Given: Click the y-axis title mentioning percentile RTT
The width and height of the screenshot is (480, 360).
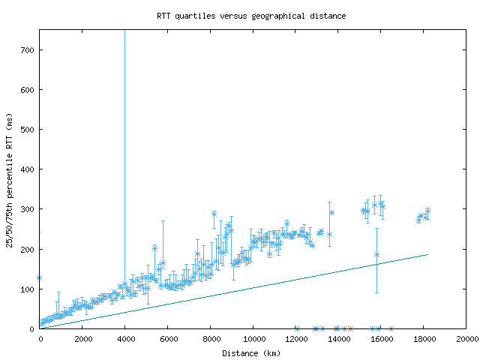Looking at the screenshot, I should (x=10, y=179).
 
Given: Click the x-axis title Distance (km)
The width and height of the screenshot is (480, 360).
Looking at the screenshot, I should (x=253, y=352).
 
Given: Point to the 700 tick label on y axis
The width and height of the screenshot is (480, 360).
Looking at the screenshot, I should (x=28, y=50).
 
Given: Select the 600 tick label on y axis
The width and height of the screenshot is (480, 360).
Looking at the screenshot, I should (x=28, y=90).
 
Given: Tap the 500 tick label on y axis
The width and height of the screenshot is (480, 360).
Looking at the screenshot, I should (x=28, y=130).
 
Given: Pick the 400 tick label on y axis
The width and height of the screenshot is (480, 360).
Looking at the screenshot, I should (x=28, y=169).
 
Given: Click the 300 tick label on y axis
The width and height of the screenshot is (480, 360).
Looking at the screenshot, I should (x=28, y=209).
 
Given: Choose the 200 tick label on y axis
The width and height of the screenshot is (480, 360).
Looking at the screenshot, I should (x=28, y=249).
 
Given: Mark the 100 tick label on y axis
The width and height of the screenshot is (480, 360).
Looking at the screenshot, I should (x=28, y=289).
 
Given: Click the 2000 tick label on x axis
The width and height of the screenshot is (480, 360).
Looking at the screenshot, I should (x=82, y=339).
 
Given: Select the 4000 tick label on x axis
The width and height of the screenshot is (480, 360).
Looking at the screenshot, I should (x=125, y=339).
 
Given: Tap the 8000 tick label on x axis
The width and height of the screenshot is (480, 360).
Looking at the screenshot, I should (x=211, y=339).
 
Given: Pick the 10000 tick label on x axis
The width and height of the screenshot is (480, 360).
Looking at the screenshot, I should (x=253, y=339).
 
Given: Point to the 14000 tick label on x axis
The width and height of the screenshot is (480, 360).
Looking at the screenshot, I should (x=338, y=339).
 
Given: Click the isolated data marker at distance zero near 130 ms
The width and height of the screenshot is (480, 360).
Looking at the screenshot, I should (x=40, y=277).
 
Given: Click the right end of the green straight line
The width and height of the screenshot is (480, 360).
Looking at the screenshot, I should (x=427, y=254).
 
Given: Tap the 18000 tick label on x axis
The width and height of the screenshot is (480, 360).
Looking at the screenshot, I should (x=424, y=339).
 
